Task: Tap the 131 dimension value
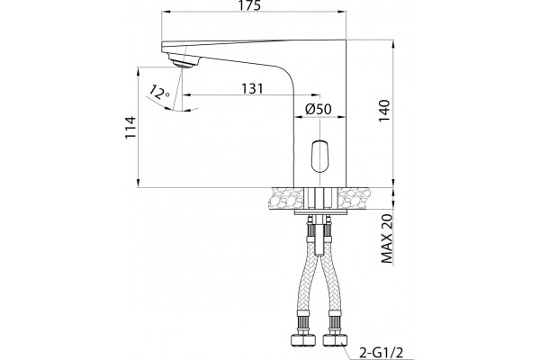pyautogui.click(x=252, y=88)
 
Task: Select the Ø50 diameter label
pyautogui.click(x=319, y=109)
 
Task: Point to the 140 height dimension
pyautogui.click(x=384, y=110)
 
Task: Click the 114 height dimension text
pyautogui.click(x=130, y=127)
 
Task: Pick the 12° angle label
pyautogui.click(x=158, y=92)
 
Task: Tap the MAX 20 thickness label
pyautogui.click(x=387, y=238)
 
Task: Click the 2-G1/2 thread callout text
pyautogui.click(x=381, y=353)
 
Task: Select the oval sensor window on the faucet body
pyautogui.click(x=319, y=157)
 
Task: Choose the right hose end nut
pyautogui.click(x=335, y=340)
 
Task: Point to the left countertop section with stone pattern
pyautogui.click(x=288, y=198)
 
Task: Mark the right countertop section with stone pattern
pyautogui.click(x=354, y=198)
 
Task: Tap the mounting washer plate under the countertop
pyautogui.click(x=319, y=211)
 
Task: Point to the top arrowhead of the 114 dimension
pyautogui.click(x=138, y=71)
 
